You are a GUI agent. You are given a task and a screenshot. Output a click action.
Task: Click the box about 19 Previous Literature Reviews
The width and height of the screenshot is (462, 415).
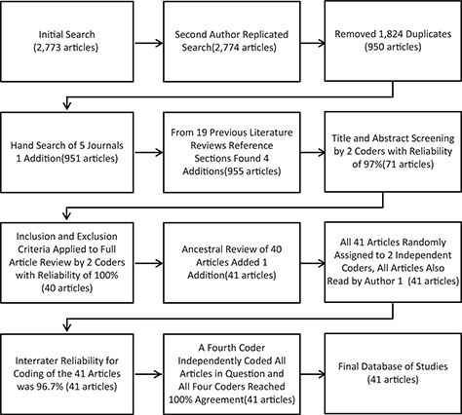[231, 147]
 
